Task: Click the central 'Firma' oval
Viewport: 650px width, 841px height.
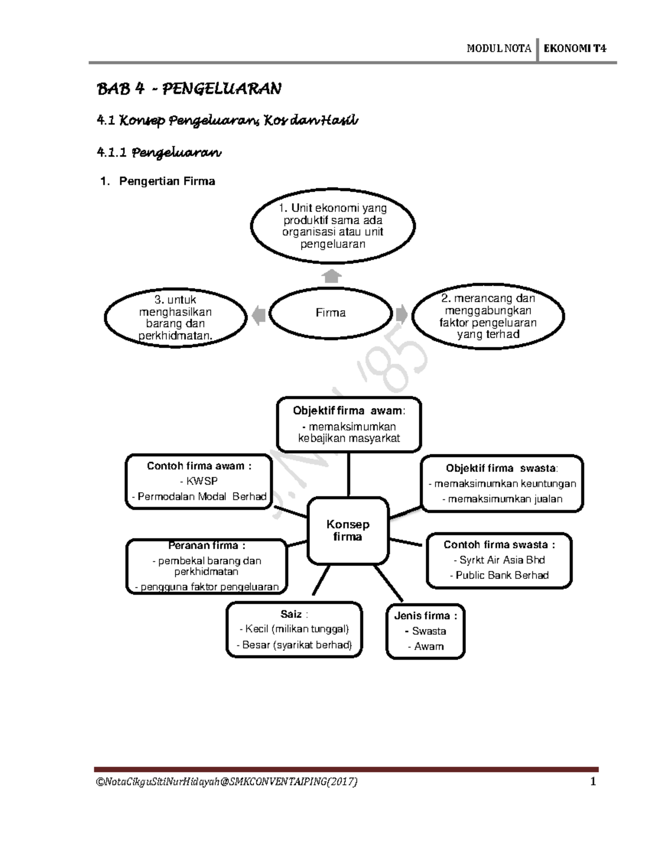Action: pos(330,313)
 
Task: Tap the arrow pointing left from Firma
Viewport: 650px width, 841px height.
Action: pos(258,314)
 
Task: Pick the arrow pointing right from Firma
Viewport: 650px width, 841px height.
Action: pos(402,314)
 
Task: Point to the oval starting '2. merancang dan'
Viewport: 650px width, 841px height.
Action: pos(488,316)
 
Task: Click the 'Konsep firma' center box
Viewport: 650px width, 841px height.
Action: pos(348,531)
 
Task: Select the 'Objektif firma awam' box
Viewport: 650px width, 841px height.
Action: pos(349,426)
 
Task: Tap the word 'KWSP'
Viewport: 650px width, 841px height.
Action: pos(201,481)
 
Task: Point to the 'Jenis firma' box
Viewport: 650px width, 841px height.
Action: pos(426,631)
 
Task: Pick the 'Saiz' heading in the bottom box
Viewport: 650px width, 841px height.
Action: pos(291,614)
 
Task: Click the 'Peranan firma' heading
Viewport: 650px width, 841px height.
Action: pos(206,545)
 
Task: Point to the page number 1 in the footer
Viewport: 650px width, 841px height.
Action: pos(593,781)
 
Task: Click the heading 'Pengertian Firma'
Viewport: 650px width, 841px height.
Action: pos(167,181)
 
